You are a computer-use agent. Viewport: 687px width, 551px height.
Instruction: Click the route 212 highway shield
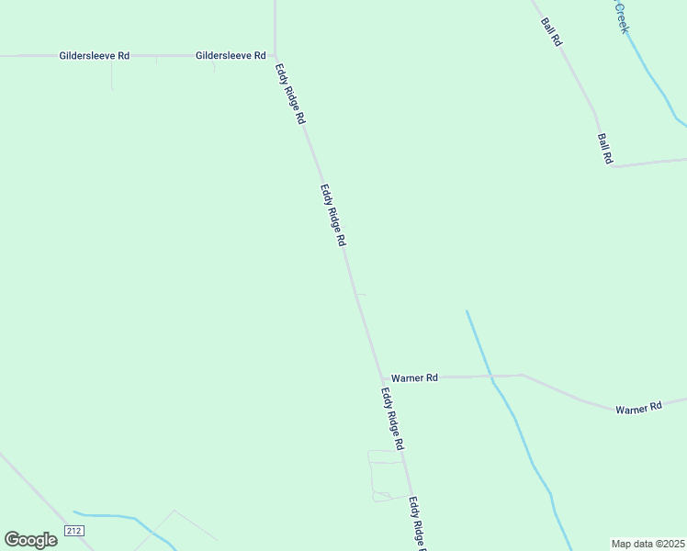[x=74, y=531]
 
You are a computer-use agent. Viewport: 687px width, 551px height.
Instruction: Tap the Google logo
[x=30, y=540]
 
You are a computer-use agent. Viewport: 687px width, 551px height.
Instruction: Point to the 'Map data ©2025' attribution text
[x=648, y=544]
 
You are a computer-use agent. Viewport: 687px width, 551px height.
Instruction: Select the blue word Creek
[x=622, y=17]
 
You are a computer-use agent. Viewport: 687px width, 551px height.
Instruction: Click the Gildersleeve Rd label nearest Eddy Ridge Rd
[x=231, y=56]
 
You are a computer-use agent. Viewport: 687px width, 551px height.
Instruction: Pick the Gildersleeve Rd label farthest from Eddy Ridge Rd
[x=95, y=56]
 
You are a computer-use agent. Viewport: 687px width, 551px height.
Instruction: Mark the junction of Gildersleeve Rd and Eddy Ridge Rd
[x=276, y=55]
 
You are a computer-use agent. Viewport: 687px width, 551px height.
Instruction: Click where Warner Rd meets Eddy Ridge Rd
[x=382, y=377]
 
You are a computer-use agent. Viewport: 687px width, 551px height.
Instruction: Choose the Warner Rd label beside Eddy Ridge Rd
[x=414, y=377]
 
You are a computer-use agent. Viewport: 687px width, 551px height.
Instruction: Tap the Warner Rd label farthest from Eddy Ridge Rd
[x=638, y=408]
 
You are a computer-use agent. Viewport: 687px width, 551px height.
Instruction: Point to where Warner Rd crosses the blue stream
[x=490, y=376]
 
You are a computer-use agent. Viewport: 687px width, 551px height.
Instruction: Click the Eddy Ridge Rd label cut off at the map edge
[x=418, y=524]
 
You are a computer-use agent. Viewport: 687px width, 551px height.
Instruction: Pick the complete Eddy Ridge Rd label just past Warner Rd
[x=393, y=418]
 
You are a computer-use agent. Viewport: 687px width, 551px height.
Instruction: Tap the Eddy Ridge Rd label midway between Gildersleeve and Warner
[x=332, y=215]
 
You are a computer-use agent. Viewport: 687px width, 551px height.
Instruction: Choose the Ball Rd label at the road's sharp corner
[x=605, y=149]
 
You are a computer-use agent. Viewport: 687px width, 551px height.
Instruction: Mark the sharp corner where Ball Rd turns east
[x=611, y=167]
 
